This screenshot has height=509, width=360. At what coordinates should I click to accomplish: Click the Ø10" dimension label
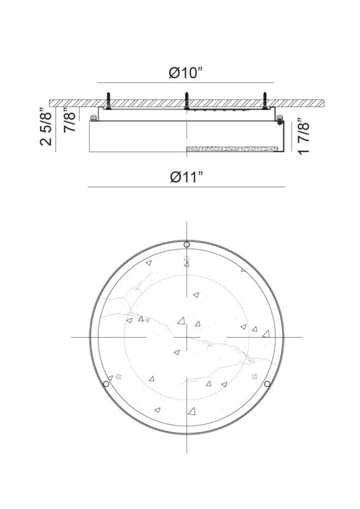click(186, 73)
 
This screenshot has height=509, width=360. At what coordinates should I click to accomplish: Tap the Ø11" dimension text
click(186, 177)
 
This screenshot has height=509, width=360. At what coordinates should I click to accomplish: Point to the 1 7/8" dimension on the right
click(304, 136)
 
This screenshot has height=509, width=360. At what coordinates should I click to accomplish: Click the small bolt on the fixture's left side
click(94, 117)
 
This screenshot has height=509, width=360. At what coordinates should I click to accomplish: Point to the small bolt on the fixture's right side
click(279, 117)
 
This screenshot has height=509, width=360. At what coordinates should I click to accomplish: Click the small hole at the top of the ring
click(186, 244)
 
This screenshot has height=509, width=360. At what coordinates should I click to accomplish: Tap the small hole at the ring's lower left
click(106, 384)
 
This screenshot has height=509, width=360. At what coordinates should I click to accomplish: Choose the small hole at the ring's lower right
click(267, 384)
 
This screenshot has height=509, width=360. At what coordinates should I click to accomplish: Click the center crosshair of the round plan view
click(186, 337)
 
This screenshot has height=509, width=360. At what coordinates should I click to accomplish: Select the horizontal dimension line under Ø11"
click(186, 187)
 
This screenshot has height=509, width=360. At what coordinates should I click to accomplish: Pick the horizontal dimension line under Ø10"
click(186, 83)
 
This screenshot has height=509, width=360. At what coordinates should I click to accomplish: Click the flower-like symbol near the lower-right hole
click(256, 377)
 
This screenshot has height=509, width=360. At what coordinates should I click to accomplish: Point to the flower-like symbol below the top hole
click(186, 259)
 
